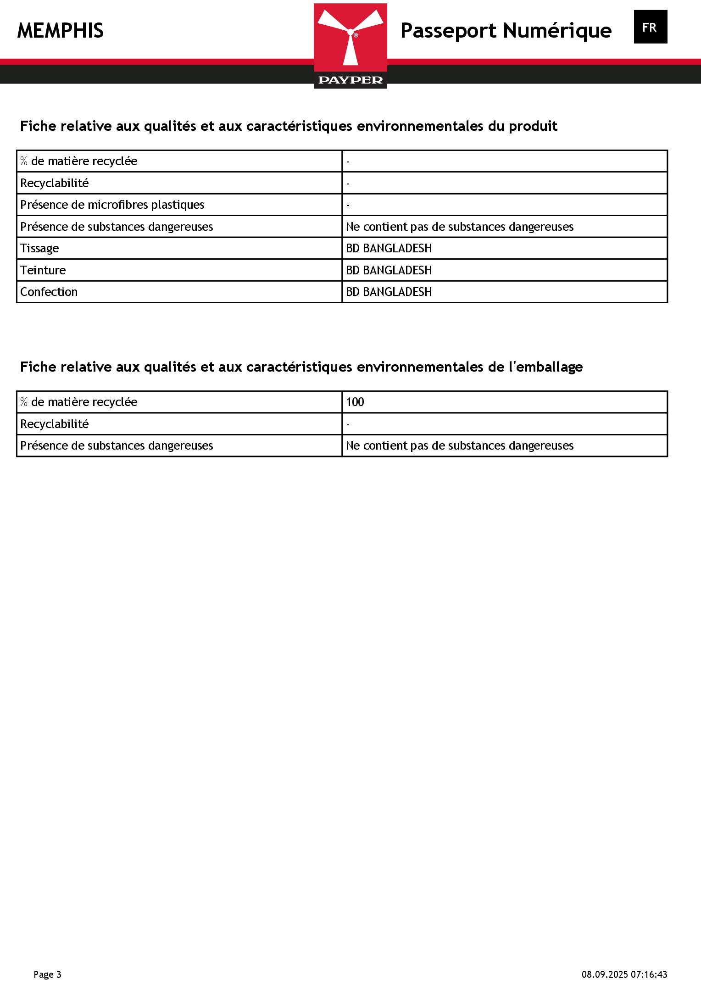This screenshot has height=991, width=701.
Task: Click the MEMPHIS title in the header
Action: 61,31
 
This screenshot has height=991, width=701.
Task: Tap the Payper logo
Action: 350,46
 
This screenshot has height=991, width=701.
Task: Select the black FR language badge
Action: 650,27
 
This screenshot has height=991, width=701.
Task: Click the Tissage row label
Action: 39,248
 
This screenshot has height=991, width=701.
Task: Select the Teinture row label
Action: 43,270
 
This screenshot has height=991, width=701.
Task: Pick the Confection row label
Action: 49,292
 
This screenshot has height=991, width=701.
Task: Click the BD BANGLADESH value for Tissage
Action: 389,248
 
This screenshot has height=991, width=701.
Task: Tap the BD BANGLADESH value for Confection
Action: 389,292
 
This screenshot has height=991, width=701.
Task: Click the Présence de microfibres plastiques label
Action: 112,205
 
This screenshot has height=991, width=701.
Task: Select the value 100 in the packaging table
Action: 355,402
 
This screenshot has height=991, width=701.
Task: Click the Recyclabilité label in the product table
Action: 55,183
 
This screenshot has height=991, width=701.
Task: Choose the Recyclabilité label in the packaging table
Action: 55,424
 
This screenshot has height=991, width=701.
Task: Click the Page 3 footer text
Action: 47,974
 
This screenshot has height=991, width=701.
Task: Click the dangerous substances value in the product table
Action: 459,227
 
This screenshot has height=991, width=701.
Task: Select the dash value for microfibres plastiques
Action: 348,205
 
